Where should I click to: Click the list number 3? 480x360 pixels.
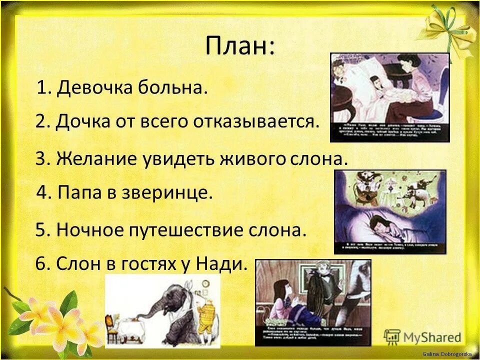[x=42, y=158]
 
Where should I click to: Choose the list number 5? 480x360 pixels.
[x=42, y=230]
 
